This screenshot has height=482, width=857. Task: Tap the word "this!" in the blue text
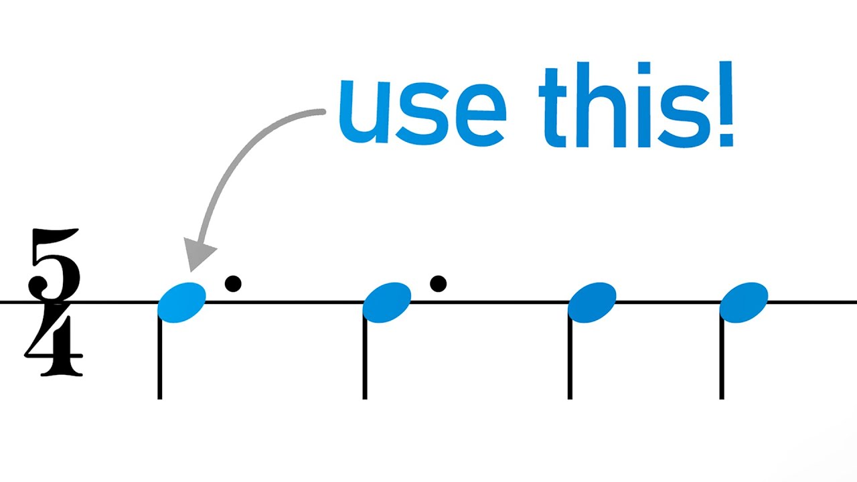636,104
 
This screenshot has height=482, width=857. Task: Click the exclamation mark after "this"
726,104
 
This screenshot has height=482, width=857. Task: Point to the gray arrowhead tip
190,272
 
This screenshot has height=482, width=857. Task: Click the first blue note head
181,303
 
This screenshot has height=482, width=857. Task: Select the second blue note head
387,303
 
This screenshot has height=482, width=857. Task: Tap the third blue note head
592,303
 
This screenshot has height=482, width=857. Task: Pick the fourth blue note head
744,303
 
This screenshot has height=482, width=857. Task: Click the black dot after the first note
233,284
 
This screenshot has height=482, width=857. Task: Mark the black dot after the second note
438,284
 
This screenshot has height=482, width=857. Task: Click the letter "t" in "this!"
553,108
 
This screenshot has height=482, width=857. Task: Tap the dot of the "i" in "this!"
644,68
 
